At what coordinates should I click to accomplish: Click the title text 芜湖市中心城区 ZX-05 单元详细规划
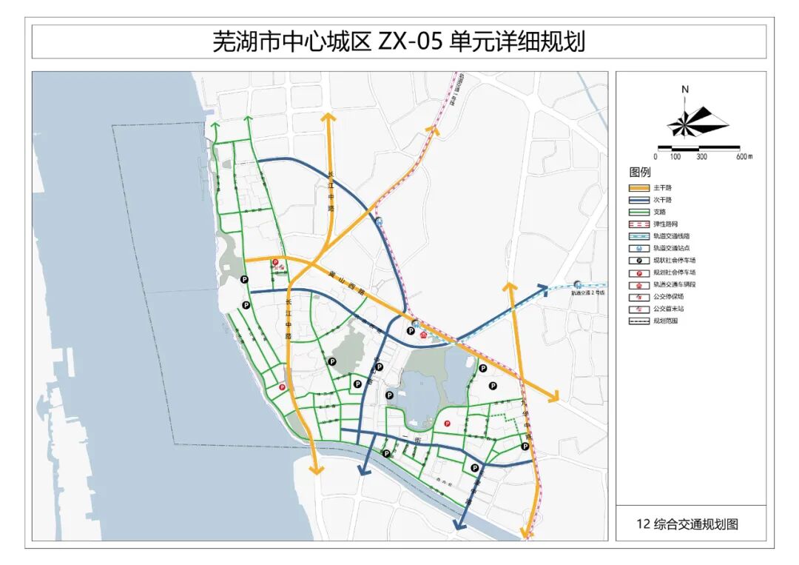point(399,41)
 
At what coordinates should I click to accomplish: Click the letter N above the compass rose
point(685,90)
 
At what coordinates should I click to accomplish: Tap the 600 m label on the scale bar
point(743,157)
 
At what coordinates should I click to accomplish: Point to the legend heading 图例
point(639,173)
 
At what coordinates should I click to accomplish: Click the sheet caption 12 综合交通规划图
point(687,524)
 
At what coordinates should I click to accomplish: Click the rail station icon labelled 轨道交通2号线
point(577,284)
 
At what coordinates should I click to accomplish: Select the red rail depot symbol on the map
point(422,335)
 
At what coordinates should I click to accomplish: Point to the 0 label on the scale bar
point(655,157)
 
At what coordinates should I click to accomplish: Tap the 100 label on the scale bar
point(675,157)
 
